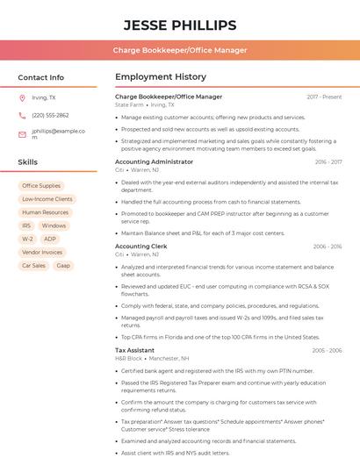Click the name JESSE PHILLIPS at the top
(x=180, y=25)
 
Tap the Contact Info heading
(x=41, y=77)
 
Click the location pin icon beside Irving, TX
(x=22, y=97)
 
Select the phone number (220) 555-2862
(x=50, y=115)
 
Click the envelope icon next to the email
(x=22, y=134)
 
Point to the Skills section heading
(x=28, y=162)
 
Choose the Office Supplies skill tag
(x=41, y=186)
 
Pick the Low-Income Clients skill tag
(x=47, y=199)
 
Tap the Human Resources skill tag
(x=45, y=212)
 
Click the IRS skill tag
(x=26, y=225)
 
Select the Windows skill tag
(x=54, y=225)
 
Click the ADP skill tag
(x=50, y=239)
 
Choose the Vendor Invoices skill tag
(x=41, y=252)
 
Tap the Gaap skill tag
(x=63, y=265)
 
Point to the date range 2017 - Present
(x=324, y=97)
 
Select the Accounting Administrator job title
(x=154, y=161)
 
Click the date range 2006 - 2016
(x=327, y=247)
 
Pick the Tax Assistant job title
(x=134, y=350)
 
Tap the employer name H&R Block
(x=128, y=358)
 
